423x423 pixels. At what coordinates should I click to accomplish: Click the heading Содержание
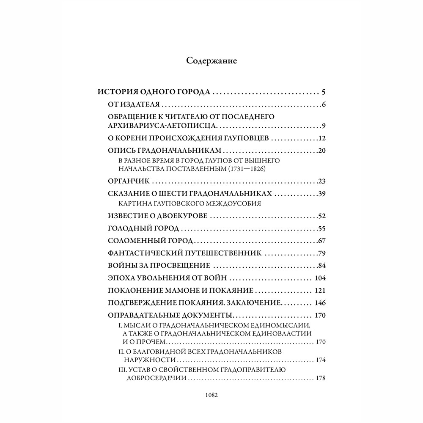click(211, 60)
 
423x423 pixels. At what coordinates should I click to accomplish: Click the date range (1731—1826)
click(236, 169)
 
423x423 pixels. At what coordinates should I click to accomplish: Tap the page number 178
click(320, 378)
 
